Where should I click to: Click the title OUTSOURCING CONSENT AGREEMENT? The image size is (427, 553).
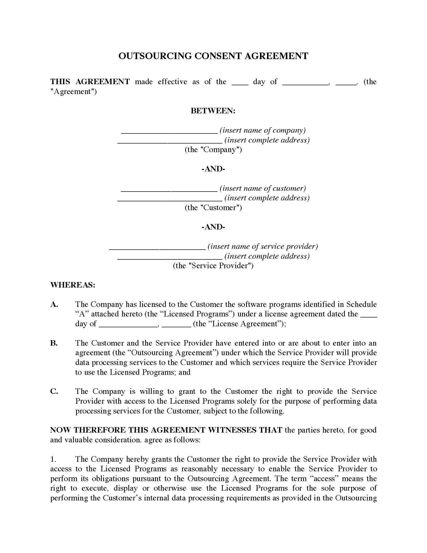pyautogui.click(x=213, y=56)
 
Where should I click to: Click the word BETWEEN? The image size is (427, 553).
pyautogui.click(x=213, y=111)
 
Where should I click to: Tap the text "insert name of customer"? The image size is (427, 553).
pyautogui.click(x=263, y=188)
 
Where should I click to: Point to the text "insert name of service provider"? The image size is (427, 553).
pyautogui.click(x=262, y=246)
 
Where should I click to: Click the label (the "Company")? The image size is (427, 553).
pyautogui.click(x=213, y=150)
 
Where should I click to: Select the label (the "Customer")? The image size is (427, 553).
pyautogui.click(x=213, y=208)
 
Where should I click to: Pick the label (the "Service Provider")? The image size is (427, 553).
pyautogui.click(x=213, y=266)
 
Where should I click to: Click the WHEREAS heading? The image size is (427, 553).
pyautogui.click(x=73, y=285)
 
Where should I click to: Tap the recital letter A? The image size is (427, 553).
pyautogui.click(x=54, y=304)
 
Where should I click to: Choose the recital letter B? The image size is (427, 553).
pyautogui.click(x=54, y=343)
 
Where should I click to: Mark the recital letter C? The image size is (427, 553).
pyautogui.click(x=54, y=391)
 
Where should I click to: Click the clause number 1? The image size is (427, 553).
pyautogui.click(x=53, y=459)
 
